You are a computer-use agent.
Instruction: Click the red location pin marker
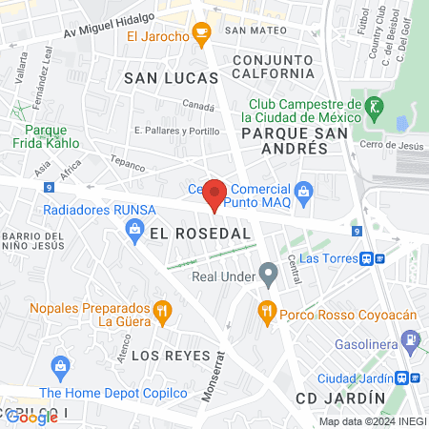(214, 194)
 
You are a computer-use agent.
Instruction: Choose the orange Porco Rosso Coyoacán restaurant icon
(267, 310)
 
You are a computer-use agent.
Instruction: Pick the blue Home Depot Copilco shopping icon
(61, 365)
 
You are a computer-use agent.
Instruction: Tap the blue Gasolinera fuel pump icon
(409, 338)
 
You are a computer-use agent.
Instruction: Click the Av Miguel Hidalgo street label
(110, 26)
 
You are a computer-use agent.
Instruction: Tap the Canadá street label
(198, 107)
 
